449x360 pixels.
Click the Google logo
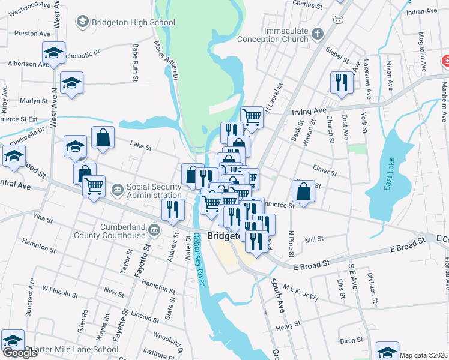tap(20, 353)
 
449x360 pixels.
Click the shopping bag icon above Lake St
tap(103, 137)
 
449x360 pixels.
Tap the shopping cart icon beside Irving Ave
tap(252, 118)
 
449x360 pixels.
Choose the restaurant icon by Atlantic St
tap(172, 210)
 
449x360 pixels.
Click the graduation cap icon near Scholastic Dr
tap(53, 53)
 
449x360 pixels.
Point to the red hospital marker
tap(445, 61)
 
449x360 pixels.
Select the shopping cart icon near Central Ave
tap(94, 187)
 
